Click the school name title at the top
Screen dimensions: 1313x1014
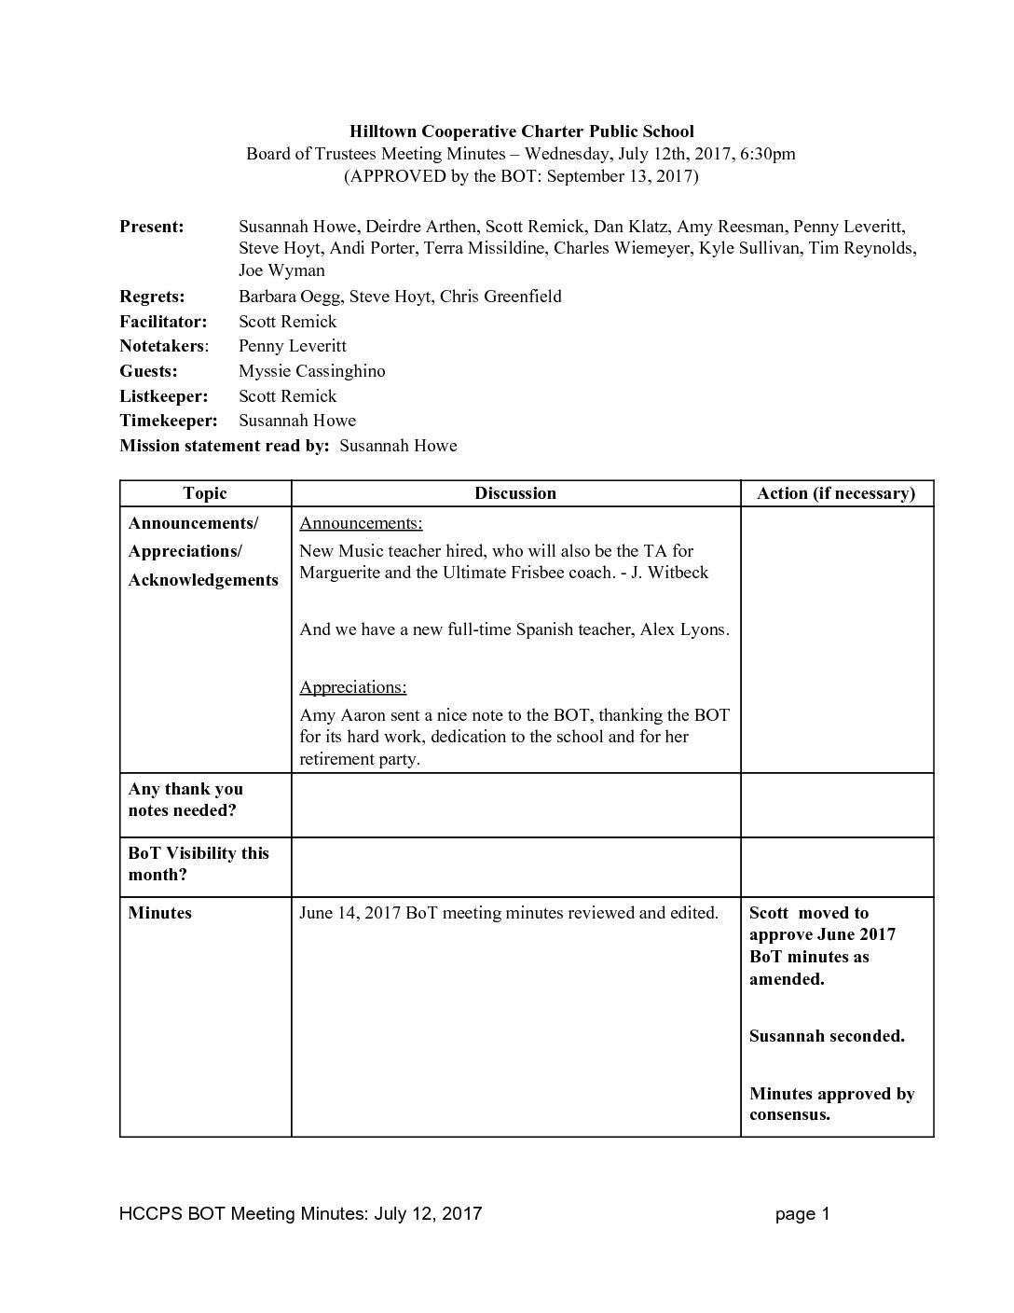tap(521, 131)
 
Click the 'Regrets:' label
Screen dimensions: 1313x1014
tap(152, 297)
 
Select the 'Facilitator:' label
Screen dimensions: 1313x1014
tap(163, 322)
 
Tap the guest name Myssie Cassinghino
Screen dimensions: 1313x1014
tap(311, 371)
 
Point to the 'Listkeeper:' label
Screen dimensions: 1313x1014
tap(163, 396)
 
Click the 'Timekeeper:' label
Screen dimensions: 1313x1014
tap(168, 421)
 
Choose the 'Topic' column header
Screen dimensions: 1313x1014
tap(205, 493)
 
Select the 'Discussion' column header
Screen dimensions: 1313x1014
tap(514, 493)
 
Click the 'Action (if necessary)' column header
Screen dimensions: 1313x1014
tap(836, 493)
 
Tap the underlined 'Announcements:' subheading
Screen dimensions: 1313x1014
tap(361, 523)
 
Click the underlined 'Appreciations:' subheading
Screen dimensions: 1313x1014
tap(352, 687)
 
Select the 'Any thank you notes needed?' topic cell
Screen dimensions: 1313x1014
tap(185, 799)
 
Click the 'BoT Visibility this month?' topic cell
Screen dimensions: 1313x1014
tap(199, 864)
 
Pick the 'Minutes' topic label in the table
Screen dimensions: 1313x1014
tap(159, 913)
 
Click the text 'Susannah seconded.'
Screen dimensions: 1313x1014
tap(827, 1036)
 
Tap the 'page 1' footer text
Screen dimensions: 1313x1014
tap(802, 1213)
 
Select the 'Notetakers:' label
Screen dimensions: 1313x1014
tap(164, 346)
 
